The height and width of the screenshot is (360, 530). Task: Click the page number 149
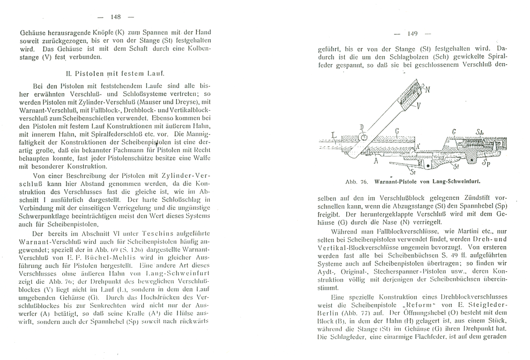(x=413, y=34)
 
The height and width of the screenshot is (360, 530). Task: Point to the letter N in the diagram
(x=428, y=90)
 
